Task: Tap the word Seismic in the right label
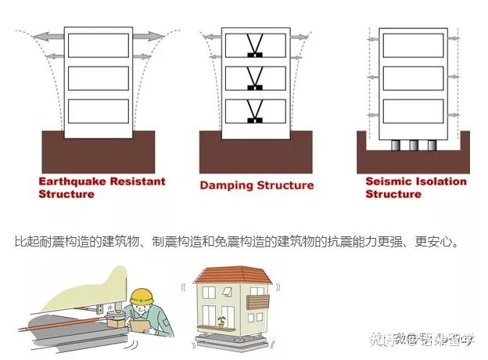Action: tap(389, 182)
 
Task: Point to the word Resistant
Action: tap(141, 182)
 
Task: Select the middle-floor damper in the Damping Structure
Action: tap(255, 78)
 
